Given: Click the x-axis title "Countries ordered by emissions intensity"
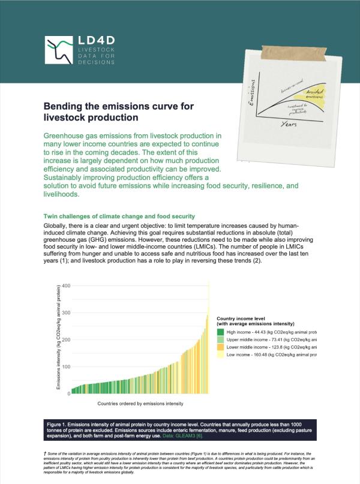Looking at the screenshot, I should point(140,404).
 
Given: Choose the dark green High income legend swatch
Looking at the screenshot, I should point(221,332).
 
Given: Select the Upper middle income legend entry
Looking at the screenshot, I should point(270,339).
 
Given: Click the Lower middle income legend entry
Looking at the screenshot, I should point(270,347).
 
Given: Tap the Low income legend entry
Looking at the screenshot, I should point(270,355).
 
